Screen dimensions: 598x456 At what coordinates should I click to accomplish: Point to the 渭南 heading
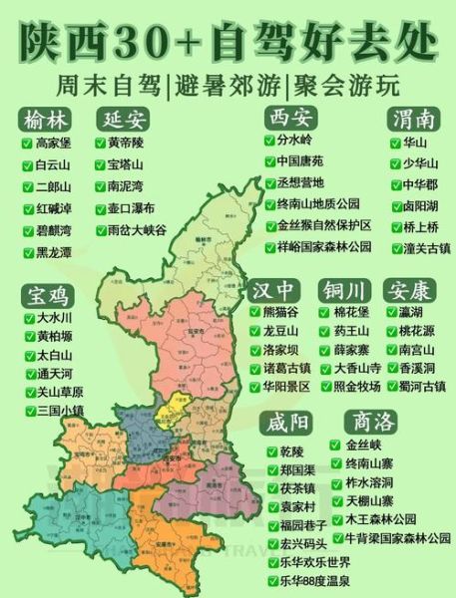coord(412,120)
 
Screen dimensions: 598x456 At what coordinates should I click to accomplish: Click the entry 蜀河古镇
coord(422,386)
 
